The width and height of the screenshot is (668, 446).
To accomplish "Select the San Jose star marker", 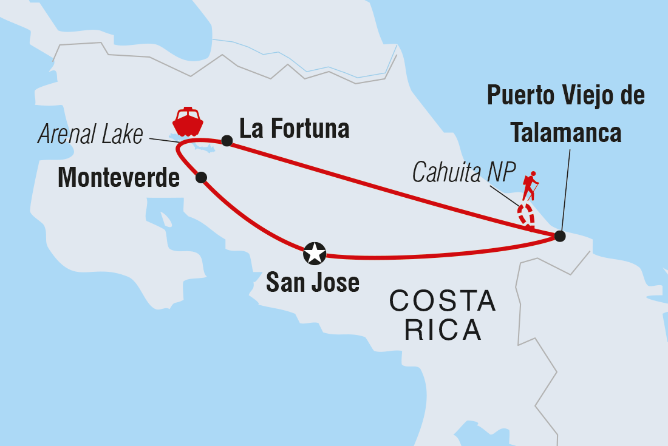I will point(315,254).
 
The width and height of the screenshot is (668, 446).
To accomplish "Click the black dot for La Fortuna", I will point(227,141).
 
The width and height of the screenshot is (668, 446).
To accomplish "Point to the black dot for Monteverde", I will point(202,177).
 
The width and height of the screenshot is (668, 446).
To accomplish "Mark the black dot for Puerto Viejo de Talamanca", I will point(559,236).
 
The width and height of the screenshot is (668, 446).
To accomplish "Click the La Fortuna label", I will point(295,129).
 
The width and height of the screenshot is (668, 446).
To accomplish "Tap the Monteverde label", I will point(118,178).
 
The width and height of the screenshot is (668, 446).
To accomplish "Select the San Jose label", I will point(313,282).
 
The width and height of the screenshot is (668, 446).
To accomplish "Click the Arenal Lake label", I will point(90,135).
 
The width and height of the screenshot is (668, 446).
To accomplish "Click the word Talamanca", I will point(565,132).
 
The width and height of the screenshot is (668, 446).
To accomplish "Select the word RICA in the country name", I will point(443,331).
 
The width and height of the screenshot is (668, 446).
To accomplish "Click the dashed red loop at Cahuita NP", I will point(525,215).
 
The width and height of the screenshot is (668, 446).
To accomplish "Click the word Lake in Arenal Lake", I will point(123,135).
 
